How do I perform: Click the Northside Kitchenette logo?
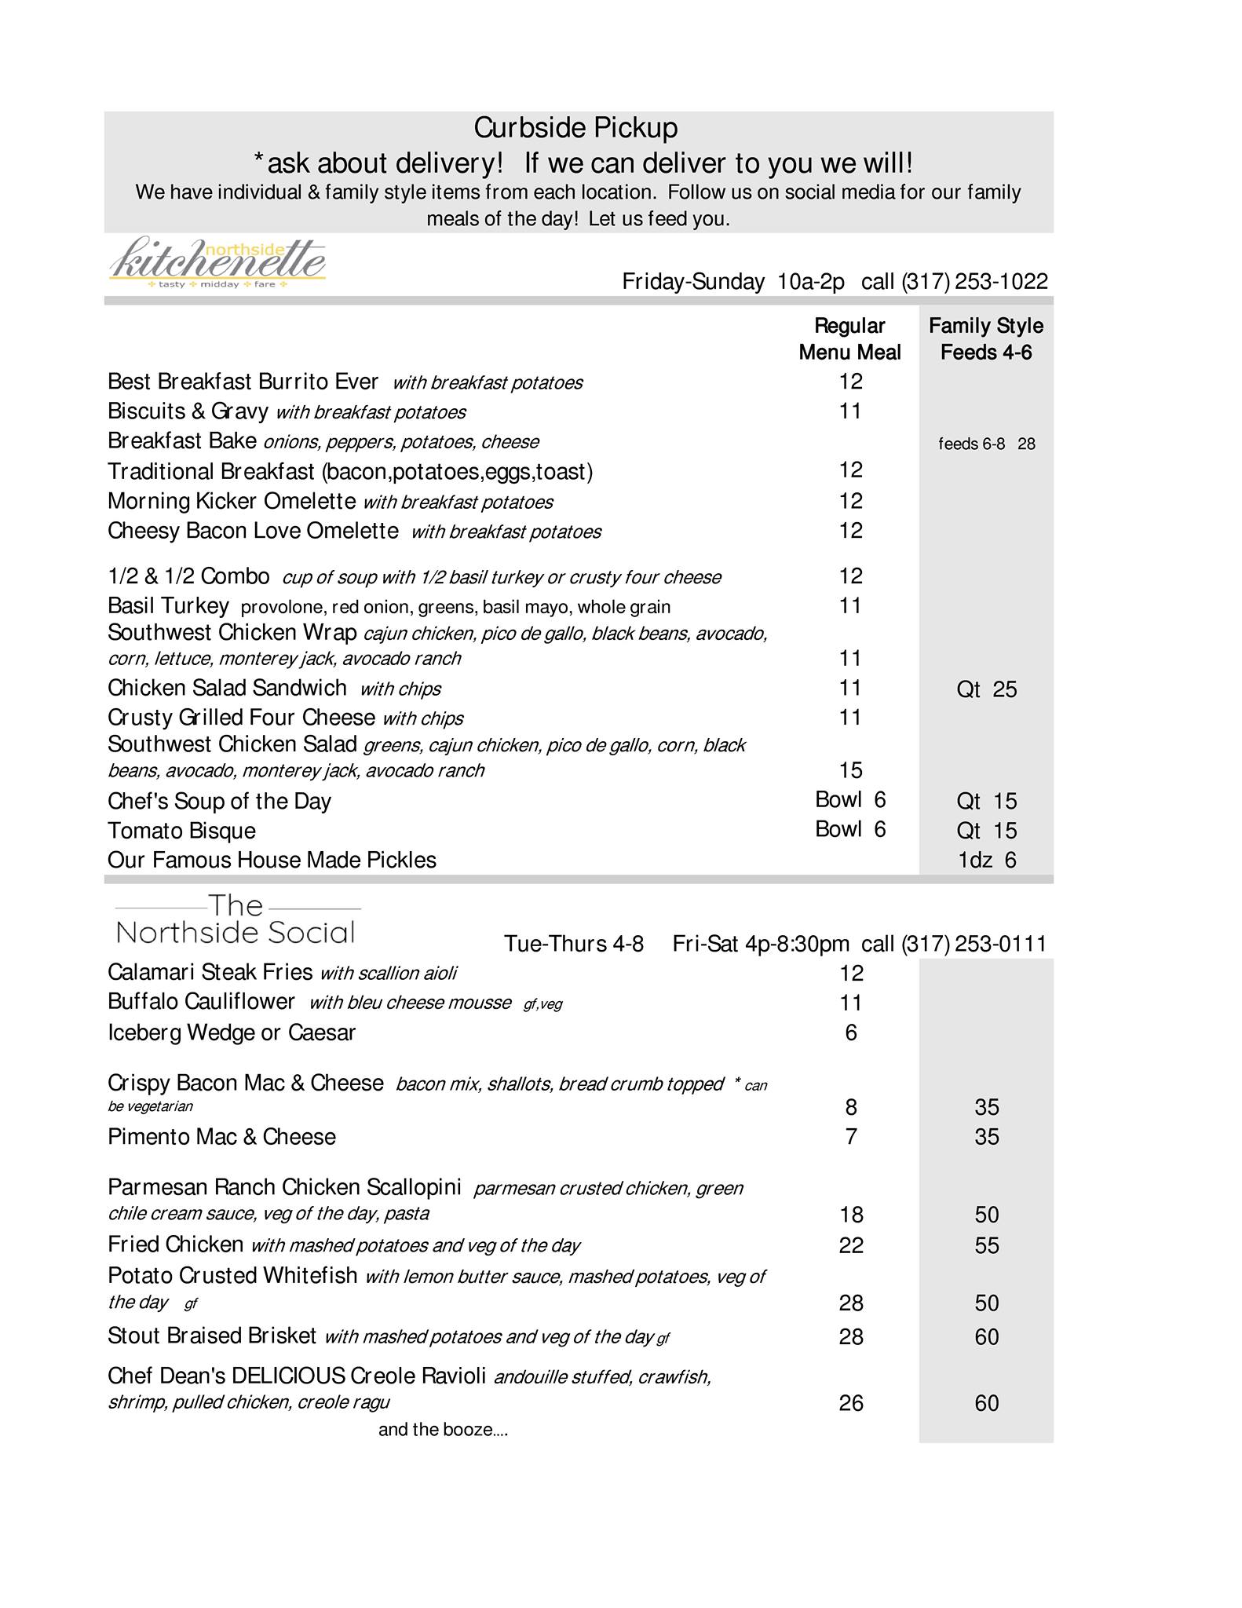[217, 262]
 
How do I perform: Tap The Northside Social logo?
[236, 920]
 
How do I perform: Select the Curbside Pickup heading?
[575, 128]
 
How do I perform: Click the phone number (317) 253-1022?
[974, 282]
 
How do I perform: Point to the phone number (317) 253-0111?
[974, 944]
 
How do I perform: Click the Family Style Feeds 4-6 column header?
[986, 339]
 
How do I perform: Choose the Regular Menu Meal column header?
[849, 339]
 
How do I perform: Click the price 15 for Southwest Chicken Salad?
[850, 770]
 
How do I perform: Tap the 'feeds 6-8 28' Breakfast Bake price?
[987, 444]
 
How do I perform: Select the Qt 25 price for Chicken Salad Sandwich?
[986, 689]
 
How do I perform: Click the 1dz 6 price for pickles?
[987, 861]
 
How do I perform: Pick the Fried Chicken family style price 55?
[987, 1246]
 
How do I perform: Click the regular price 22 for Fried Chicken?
[851, 1246]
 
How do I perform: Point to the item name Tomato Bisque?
[181, 831]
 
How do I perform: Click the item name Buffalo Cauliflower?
[201, 1003]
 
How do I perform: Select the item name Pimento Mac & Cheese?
[221, 1137]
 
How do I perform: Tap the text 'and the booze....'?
[443, 1430]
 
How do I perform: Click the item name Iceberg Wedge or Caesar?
[232, 1032]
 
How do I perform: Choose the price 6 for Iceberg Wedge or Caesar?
[851, 1032]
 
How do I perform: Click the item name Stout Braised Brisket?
[212, 1336]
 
